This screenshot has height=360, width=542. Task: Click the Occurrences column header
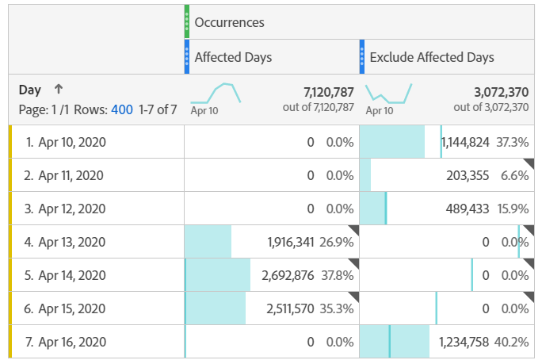[x=229, y=22]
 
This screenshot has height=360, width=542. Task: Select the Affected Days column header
[x=233, y=57]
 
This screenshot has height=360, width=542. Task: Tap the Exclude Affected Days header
[x=432, y=57]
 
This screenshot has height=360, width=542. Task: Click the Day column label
[x=30, y=90]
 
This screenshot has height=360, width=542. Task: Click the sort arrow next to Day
[x=58, y=90]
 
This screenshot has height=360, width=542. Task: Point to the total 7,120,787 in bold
[x=328, y=91]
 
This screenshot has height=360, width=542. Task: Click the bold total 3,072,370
[x=502, y=91]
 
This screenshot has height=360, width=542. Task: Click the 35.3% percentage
[x=337, y=308]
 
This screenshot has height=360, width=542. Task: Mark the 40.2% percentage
[x=511, y=342]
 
